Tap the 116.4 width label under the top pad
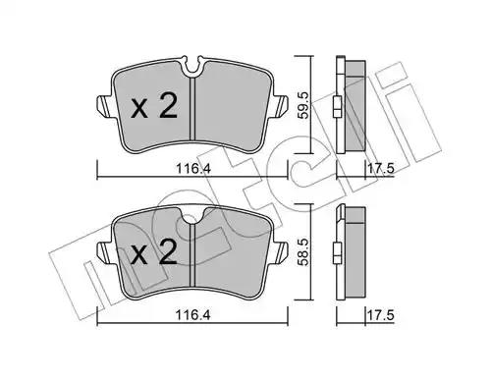click(192, 169)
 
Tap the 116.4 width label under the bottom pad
click(192, 315)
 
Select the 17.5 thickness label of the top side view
click(380, 169)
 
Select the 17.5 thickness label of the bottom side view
click(380, 315)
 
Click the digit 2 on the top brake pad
click(168, 105)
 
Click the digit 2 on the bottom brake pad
click(168, 251)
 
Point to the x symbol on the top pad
click(139, 109)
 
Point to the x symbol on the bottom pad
click(139, 255)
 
